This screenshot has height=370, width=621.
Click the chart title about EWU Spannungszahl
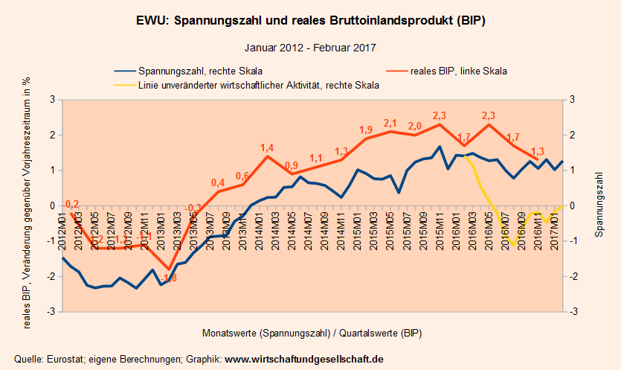tap(311, 20)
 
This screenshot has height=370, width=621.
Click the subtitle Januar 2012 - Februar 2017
tap(310, 47)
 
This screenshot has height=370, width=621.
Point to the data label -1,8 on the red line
tap(169, 278)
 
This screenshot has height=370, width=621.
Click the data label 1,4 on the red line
tap(268, 147)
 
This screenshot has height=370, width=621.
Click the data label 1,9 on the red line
tap(366, 130)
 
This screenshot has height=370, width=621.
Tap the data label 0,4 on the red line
tap(218, 182)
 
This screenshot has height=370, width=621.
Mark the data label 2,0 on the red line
tap(415, 126)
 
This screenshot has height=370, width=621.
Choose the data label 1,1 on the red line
tap(316, 158)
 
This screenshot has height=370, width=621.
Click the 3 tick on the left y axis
tap(52, 100)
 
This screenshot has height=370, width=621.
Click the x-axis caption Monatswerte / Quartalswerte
tap(311, 331)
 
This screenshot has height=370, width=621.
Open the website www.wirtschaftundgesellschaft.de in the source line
tap(304, 359)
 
